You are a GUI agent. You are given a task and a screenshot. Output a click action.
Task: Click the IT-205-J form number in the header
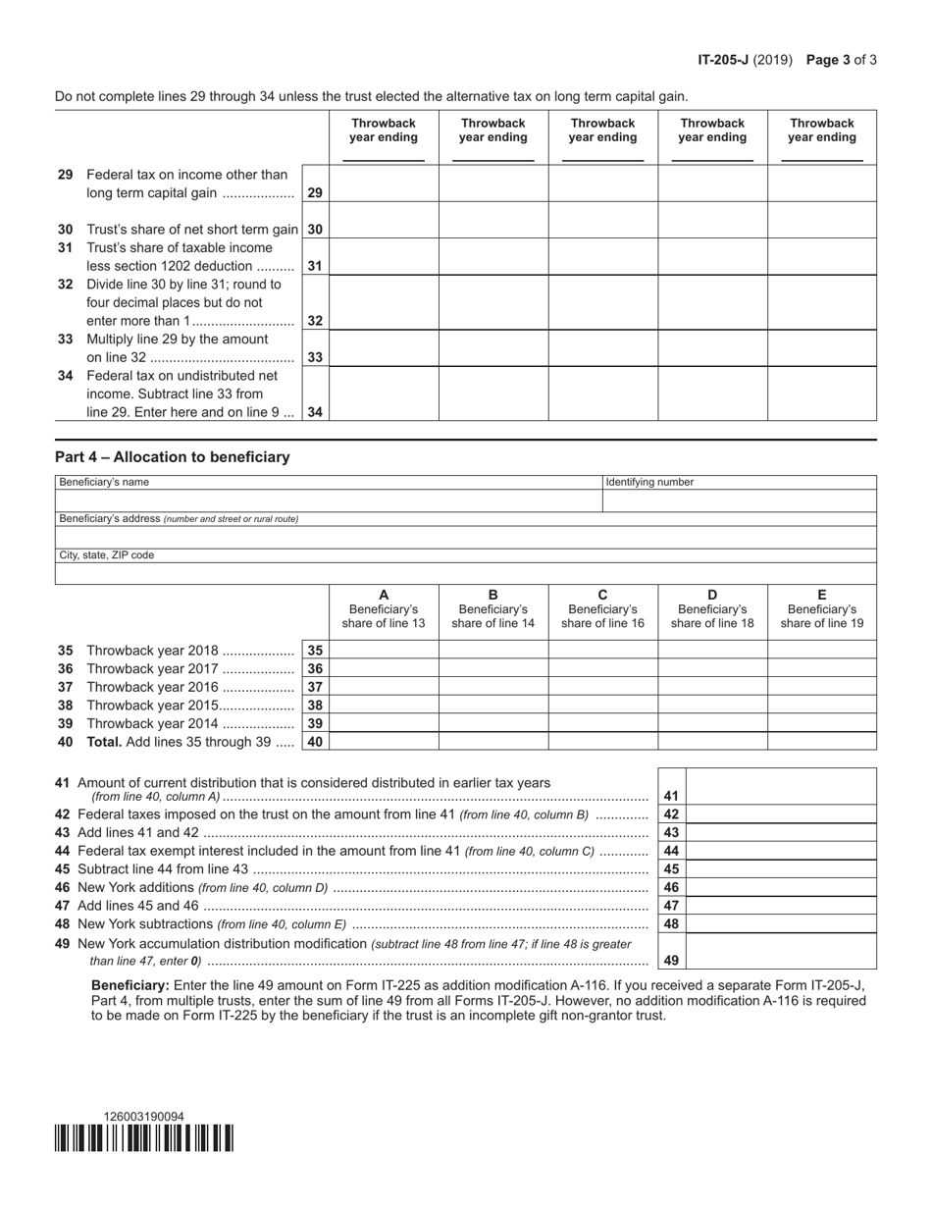723,60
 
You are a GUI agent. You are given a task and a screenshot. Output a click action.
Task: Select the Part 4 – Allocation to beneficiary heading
173,457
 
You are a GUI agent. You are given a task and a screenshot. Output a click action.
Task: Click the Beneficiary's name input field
328,501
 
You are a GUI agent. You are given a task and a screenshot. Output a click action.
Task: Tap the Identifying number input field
739,501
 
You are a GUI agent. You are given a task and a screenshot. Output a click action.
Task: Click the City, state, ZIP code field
465,574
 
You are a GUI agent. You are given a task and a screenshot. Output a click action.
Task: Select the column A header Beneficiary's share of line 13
384,609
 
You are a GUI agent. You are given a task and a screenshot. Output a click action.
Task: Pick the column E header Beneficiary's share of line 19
822,609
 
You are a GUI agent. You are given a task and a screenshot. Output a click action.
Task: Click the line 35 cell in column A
384,651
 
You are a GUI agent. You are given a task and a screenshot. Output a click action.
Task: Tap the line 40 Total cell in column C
602,742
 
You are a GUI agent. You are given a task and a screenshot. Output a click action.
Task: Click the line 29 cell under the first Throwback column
384,184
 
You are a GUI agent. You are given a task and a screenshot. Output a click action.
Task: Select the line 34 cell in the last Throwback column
822,394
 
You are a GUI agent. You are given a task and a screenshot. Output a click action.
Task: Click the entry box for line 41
781,787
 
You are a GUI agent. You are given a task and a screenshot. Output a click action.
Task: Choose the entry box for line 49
781,952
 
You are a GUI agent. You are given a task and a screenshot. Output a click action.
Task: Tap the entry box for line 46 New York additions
781,887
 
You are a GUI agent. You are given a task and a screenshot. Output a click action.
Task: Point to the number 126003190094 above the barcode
143,1116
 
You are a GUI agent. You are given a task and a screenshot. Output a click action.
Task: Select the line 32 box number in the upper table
315,321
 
